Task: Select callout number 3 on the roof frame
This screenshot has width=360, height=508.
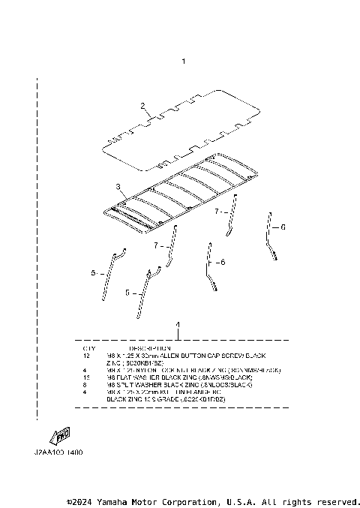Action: [118, 185]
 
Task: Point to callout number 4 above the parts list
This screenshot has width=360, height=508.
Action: [178, 325]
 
